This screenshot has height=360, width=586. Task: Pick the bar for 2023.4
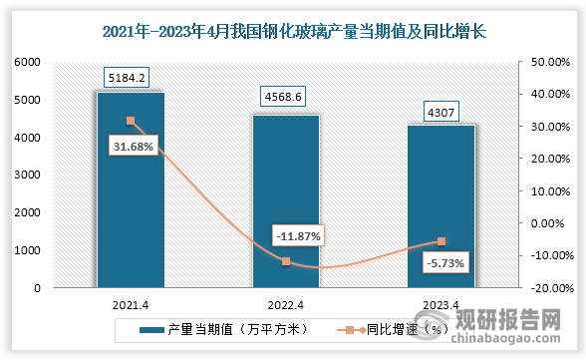click(x=441, y=214)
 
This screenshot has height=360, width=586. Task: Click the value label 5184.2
click(x=131, y=76)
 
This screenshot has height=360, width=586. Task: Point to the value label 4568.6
click(x=286, y=99)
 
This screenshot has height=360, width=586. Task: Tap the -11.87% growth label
click(x=295, y=235)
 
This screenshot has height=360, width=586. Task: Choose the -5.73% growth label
click(x=443, y=264)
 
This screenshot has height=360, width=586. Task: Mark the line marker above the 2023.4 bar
click(x=441, y=241)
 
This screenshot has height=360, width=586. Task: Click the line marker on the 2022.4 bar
click(x=286, y=261)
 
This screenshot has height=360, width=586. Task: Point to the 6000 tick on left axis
click(x=26, y=62)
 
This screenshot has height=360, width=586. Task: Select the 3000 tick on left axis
click(x=26, y=176)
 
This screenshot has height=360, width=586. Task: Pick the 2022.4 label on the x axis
click(x=286, y=306)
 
